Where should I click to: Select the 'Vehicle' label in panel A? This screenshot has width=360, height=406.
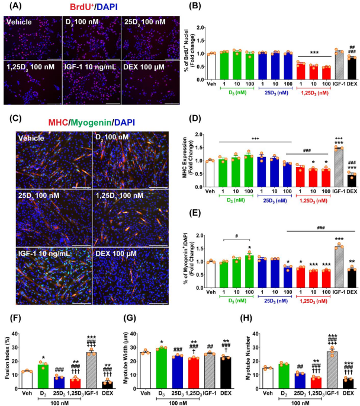pyautogui.click(x=18, y=22)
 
